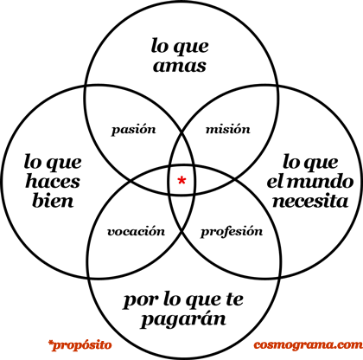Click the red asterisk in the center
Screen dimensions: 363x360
click(181, 181)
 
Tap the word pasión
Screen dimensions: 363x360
click(134, 130)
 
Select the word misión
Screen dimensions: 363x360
click(228, 129)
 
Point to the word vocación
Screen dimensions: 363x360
click(136, 232)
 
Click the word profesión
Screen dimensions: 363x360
click(232, 231)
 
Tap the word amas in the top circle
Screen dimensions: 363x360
click(180, 66)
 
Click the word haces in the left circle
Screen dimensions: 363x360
click(53, 181)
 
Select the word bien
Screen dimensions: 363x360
click(53, 200)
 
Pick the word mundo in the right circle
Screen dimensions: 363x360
click(321, 181)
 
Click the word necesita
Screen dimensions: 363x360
click(310, 201)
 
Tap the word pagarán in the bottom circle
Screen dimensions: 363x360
click(183, 319)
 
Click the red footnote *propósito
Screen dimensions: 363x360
click(80, 345)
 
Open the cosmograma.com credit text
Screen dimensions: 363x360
click(308, 344)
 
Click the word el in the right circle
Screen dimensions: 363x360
click(275, 181)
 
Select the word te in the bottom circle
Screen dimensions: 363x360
click(235, 299)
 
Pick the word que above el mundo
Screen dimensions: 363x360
click(321, 164)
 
